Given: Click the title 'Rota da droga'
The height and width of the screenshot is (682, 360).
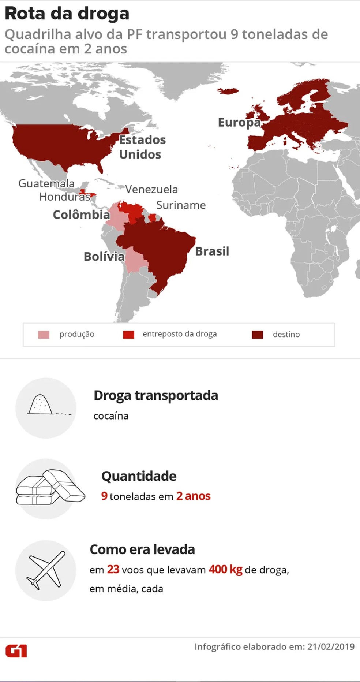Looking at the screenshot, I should click(x=67, y=14).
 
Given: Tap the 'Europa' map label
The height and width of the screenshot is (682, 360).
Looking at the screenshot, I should click(x=239, y=123).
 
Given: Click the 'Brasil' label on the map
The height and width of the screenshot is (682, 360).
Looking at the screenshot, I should click(x=212, y=251).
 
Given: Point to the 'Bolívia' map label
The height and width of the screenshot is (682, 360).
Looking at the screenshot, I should click(x=104, y=257).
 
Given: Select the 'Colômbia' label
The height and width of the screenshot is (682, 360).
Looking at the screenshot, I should click(x=81, y=215).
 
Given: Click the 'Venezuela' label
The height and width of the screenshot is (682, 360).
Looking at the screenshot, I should click(x=151, y=190).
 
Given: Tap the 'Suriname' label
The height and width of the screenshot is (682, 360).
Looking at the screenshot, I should click(x=181, y=205).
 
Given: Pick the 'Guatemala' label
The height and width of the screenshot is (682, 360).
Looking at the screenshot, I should click(x=46, y=183).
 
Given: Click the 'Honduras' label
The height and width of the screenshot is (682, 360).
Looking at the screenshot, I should click(x=64, y=197).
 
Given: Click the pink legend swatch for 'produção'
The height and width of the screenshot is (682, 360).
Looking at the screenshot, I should click(x=44, y=335).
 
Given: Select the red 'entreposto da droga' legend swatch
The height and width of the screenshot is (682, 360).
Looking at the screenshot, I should click(x=128, y=335).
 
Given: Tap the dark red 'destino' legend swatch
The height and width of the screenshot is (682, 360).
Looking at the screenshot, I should click(x=258, y=335).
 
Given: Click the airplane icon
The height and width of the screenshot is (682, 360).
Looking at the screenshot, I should click(x=46, y=570).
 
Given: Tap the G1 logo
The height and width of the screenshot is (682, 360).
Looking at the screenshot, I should click(x=16, y=652).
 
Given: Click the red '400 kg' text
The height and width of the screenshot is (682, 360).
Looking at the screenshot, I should click(x=225, y=570).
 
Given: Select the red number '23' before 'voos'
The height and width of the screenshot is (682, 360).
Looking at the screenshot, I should click(x=113, y=570).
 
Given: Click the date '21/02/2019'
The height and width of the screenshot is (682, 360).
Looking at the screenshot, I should click(x=331, y=647).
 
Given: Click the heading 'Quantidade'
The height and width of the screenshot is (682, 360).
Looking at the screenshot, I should click(x=139, y=476).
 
